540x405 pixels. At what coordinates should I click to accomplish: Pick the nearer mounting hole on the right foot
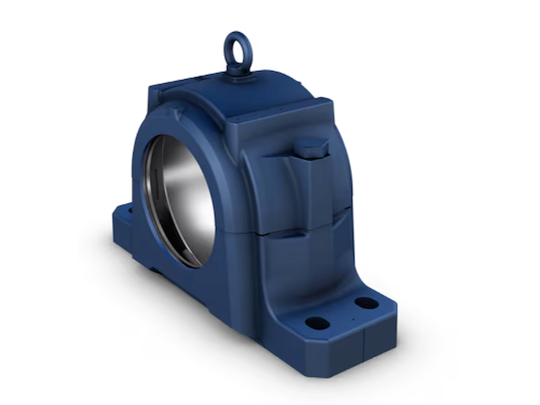tap(317, 323)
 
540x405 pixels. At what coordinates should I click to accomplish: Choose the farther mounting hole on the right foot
tap(366, 303)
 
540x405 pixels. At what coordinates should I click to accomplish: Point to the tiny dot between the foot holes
tap(353, 319)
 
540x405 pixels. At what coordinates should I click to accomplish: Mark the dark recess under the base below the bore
tap(158, 272)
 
